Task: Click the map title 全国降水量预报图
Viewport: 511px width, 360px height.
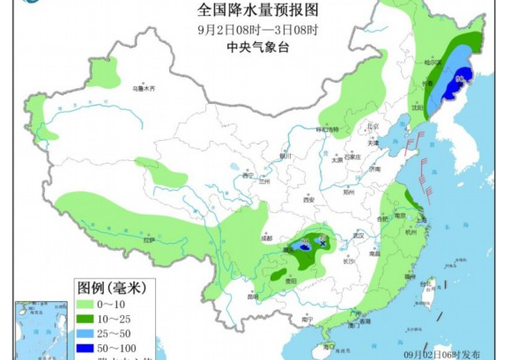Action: pyautogui.click(x=255, y=11)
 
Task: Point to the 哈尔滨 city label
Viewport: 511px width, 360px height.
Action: pyautogui.click(x=432, y=63)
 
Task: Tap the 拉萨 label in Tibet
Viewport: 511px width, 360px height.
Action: pyautogui.click(x=149, y=239)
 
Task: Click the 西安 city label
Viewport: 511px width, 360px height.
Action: pyautogui.click(x=308, y=201)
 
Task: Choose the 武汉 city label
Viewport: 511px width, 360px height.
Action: pyautogui.click(x=358, y=236)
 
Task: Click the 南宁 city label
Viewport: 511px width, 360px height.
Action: pyautogui.click(x=304, y=316)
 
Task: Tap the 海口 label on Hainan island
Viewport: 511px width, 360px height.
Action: pyautogui.click(x=328, y=347)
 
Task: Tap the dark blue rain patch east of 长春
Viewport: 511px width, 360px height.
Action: pyautogui.click(x=458, y=80)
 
